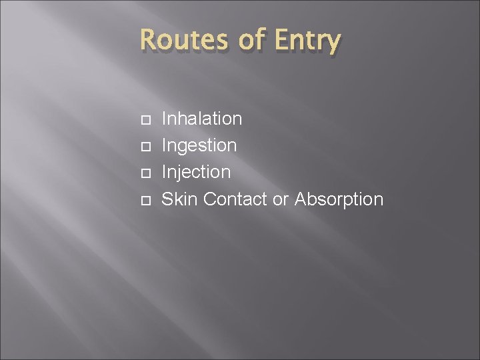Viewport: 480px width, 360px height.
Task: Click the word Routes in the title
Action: (181, 41)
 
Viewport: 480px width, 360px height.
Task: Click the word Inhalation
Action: (202, 119)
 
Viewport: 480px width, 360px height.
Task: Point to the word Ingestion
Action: (199, 145)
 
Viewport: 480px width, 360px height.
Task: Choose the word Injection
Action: (197, 172)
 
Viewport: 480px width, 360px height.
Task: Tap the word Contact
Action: (235, 199)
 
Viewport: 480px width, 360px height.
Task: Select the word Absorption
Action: (339, 199)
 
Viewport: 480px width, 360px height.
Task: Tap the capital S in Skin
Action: (168, 199)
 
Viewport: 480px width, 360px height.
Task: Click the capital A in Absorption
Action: (301, 199)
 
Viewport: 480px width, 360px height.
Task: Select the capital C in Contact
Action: (211, 199)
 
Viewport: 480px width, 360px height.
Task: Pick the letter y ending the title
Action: (333, 44)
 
